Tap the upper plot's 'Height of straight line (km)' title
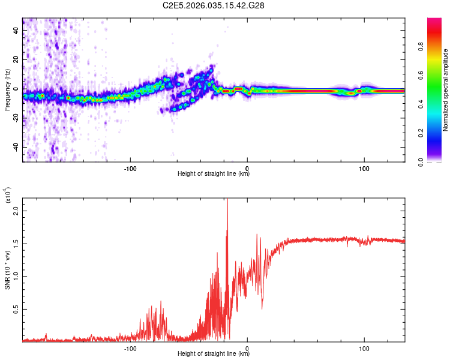click(214, 174)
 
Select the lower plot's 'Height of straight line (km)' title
click(214, 353)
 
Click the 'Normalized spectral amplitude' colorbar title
click(446, 90)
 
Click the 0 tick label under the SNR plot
click(248, 347)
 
